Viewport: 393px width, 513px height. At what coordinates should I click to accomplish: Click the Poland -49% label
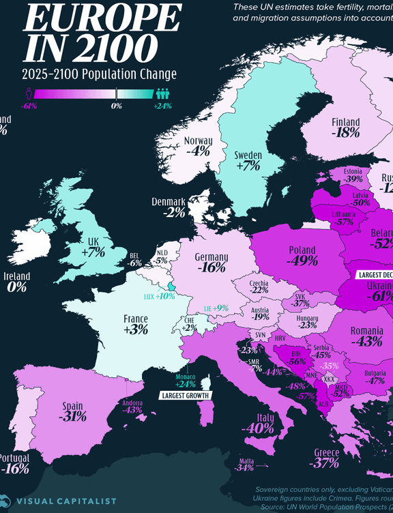[302, 254]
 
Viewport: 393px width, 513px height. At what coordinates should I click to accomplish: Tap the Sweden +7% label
[248, 160]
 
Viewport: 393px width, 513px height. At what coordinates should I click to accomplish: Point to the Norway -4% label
[198, 146]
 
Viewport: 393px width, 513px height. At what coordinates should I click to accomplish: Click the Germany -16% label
[211, 263]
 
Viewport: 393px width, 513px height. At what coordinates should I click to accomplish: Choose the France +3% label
[136, 324]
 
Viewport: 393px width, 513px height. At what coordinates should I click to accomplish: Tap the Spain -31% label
[72, 410]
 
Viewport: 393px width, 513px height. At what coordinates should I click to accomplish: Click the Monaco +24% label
[185, 381]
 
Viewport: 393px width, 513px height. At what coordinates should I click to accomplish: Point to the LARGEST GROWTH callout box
[184, 395]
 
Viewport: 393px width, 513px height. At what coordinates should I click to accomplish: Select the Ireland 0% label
[17, 282]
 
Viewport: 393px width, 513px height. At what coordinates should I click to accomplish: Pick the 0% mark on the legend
[116, 106]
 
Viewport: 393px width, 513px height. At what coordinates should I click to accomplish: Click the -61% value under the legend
[29, 106]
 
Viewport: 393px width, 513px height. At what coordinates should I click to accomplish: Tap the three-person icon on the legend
[162, 93]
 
